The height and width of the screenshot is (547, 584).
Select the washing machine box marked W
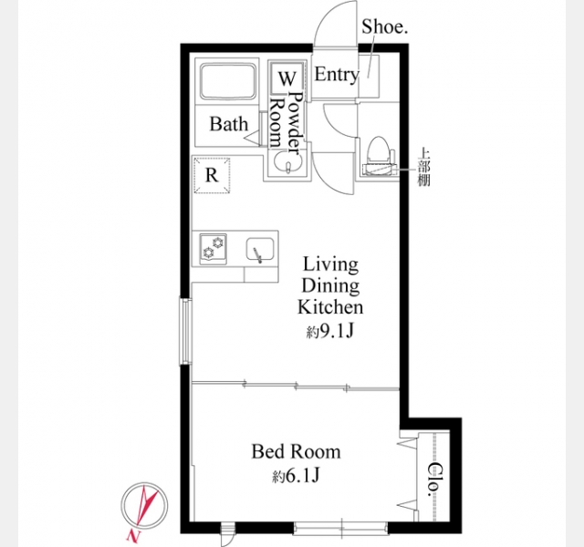click(x=287, y=78)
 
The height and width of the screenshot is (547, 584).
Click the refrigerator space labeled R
click(x=212, y=175)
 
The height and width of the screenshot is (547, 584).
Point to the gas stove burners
click(x=213, y=249)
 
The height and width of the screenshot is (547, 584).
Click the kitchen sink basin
click(x=260, y=249)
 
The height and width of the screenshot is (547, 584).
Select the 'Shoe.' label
click(x=385, y=26)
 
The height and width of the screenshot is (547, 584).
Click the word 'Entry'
click(x=337, y=75)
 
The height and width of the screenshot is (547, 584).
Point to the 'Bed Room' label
click(x=296, y=452)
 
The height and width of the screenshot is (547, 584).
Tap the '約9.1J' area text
click(x=329, y=331)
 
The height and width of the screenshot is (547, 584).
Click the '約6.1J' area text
click(x=296, y=476)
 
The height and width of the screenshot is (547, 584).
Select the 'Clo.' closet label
click(x=433, y=480)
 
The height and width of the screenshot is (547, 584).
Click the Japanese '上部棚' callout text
click(x=423, y=167)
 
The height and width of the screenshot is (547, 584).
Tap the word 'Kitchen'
click(x=330, y=307)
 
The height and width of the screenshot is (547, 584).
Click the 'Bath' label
click(x=229, y=124)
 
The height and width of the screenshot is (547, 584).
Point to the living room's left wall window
click(x=185, y=331)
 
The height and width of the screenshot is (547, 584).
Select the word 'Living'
click(x=330, y=265)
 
